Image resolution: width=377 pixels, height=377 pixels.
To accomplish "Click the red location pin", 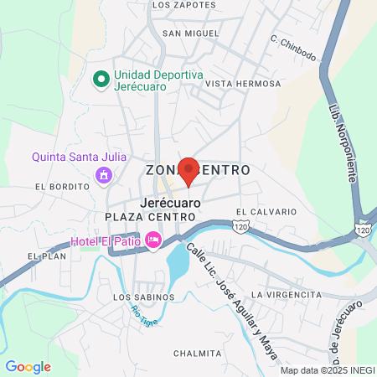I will (188, 170).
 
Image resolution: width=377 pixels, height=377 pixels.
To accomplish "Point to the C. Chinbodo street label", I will (293, 49).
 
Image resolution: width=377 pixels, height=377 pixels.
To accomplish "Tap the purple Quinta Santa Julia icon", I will (104, 175).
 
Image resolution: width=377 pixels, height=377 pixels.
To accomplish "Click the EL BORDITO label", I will (62, 186).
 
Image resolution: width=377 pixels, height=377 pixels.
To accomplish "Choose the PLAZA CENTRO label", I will (150, 217).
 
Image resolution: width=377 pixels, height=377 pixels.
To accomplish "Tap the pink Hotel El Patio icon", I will (153, 240).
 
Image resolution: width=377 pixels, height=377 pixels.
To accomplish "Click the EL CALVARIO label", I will (266, 212).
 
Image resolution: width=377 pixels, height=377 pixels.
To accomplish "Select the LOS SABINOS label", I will (143, 297).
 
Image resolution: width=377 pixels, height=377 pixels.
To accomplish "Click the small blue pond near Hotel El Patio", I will (178, 263).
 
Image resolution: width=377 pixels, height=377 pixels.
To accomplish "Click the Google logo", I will (28, 366).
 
